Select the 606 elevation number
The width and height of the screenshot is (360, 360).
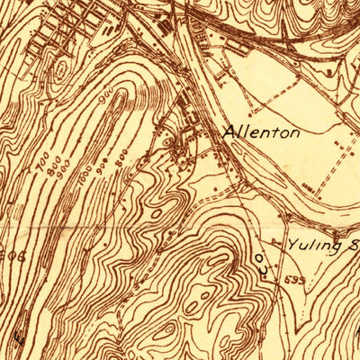tap(7, 256)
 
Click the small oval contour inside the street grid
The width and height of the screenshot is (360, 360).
tap(59, 70)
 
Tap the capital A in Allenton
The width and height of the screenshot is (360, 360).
tap(228, 132)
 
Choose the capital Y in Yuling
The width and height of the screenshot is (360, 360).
tap(293, 243)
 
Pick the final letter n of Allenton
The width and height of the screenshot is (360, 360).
tap(294, 133)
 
